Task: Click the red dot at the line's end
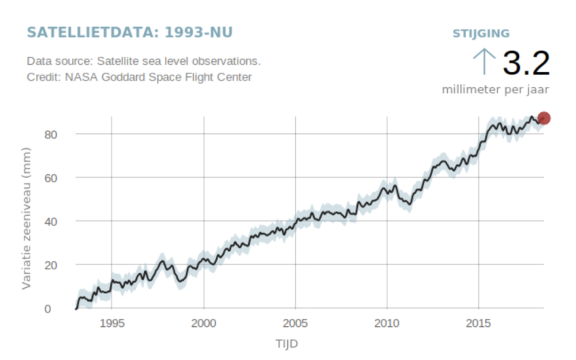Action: (544, 118)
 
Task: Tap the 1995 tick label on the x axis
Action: (112, 323)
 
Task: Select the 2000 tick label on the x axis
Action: (204, 323)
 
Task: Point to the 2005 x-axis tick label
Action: (295, 323)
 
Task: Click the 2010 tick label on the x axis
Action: (387, 323)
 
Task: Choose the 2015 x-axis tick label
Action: (479, 323)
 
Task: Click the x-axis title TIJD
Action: (286, 343)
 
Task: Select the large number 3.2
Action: (526, 63)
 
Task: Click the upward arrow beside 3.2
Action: (485, 62)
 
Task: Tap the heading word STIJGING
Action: (481, 33)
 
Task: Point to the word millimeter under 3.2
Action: (474, 90)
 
